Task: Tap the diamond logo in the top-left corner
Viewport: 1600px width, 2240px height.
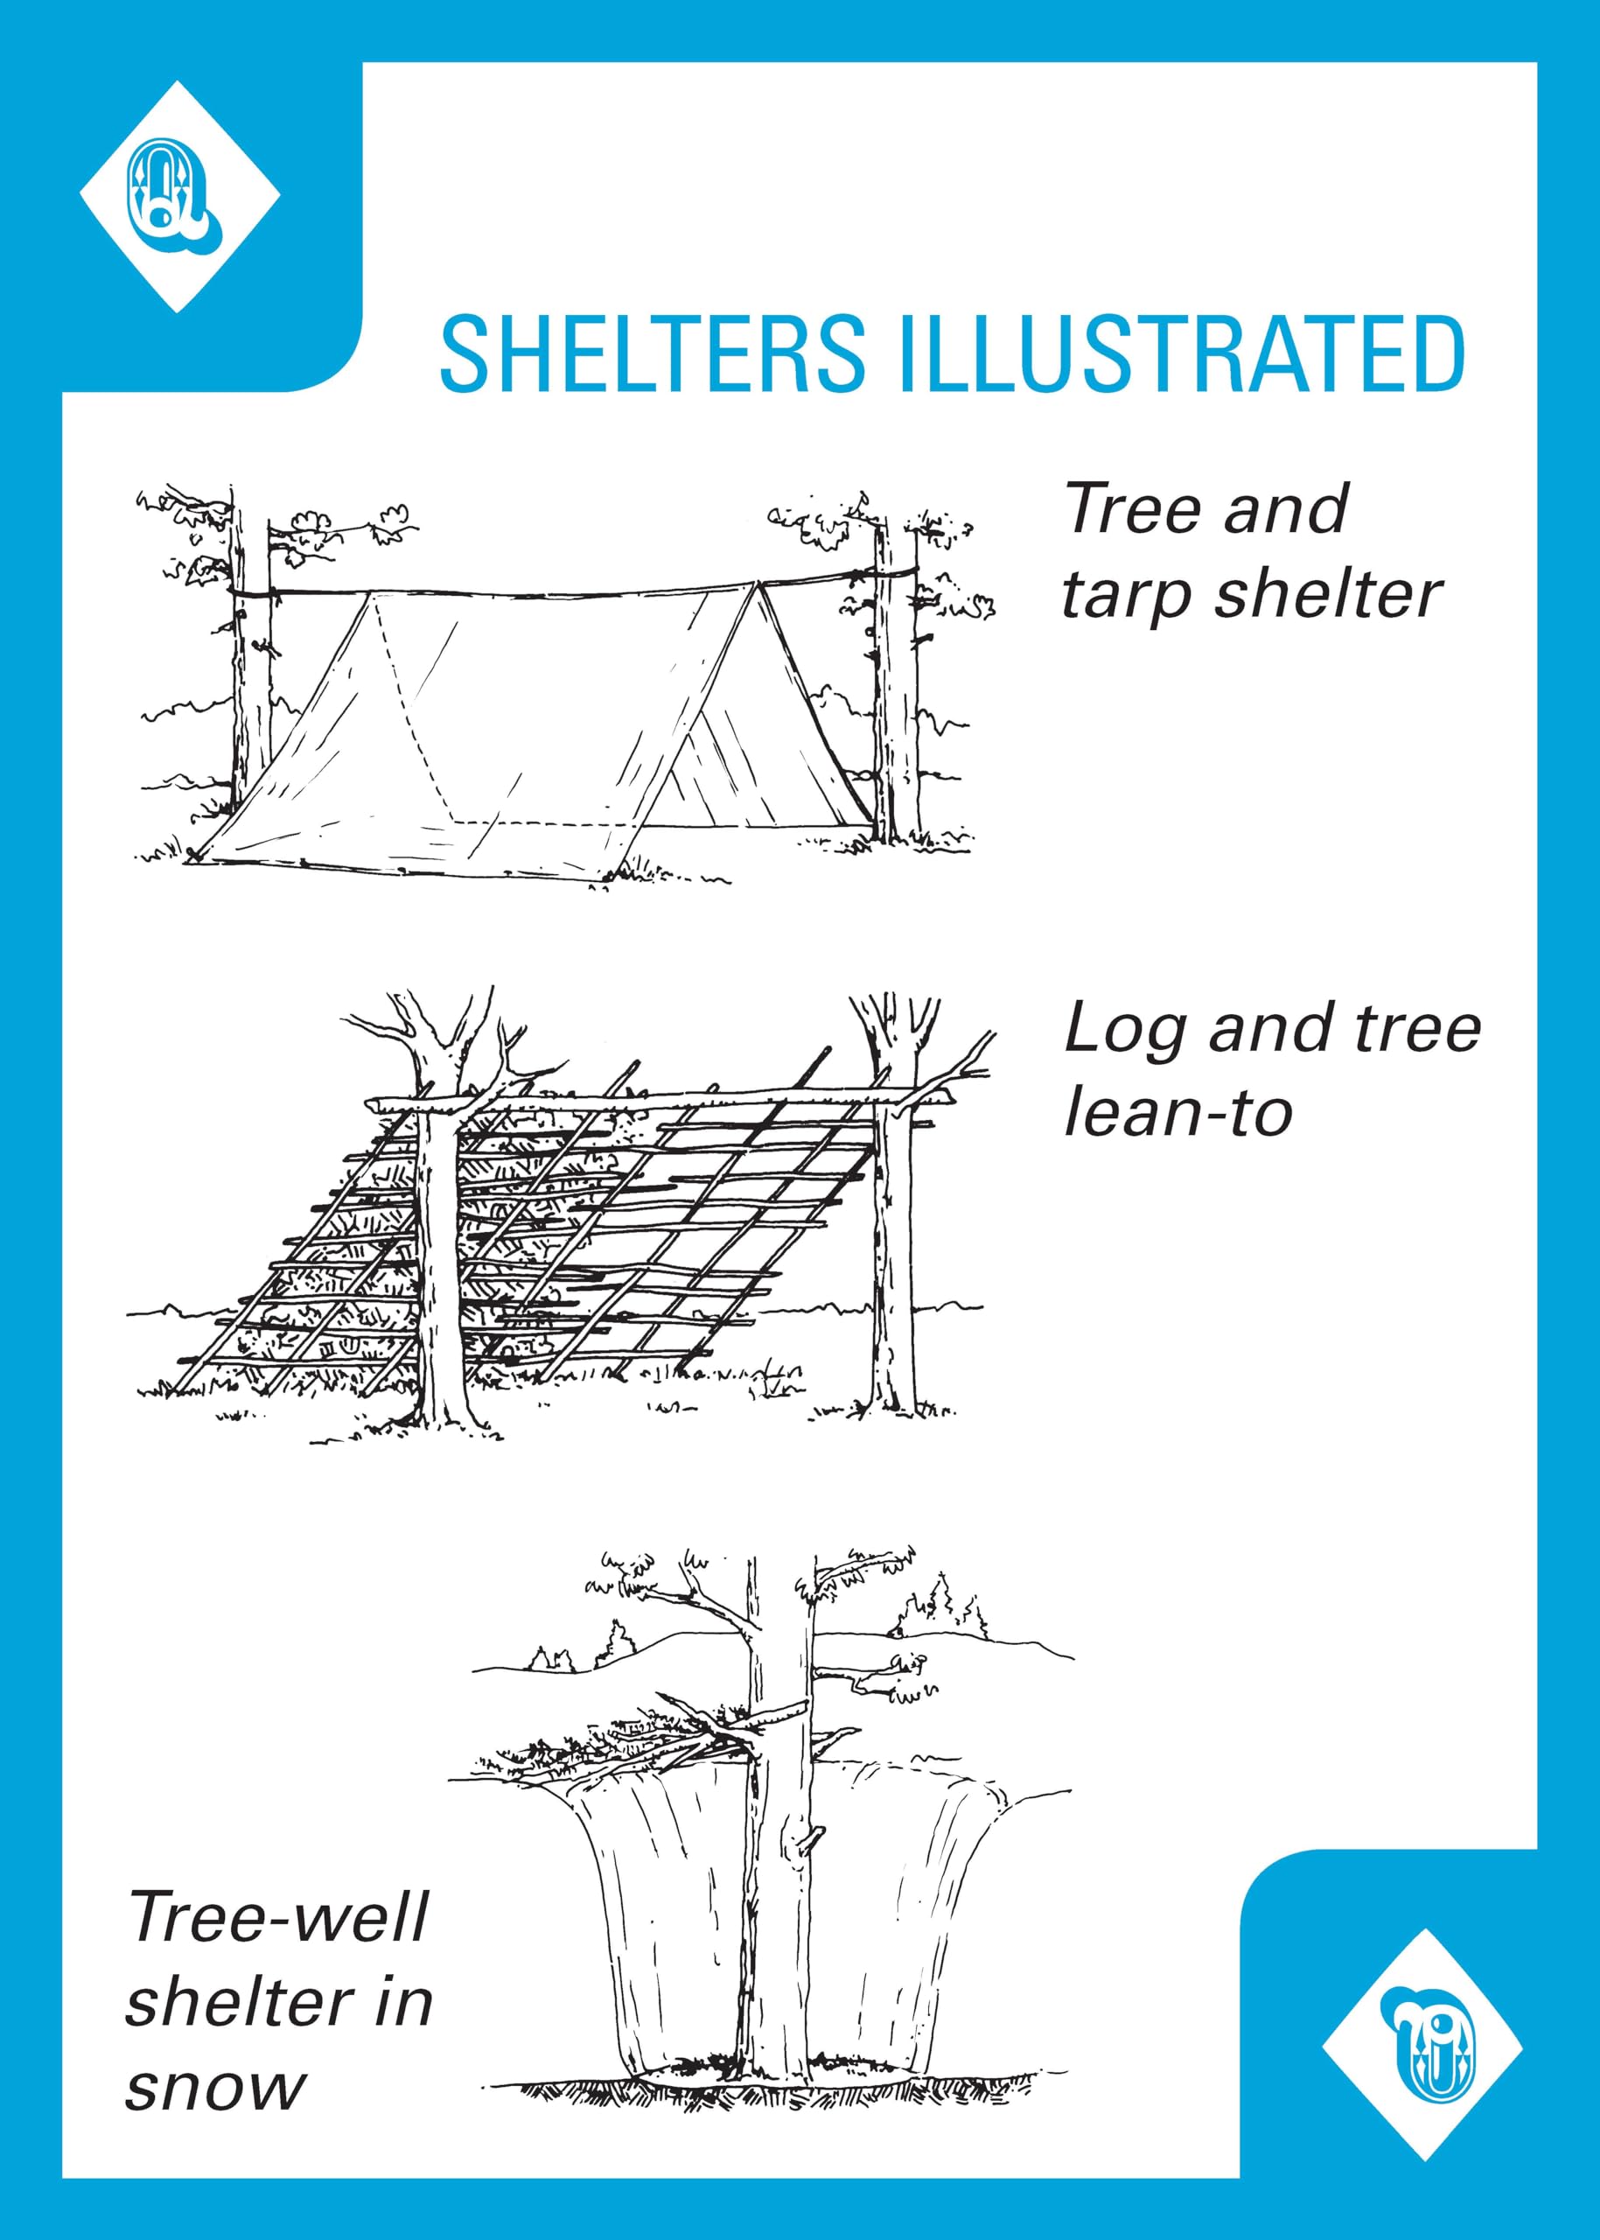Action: [179, 197]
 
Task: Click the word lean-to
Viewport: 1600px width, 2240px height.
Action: [1178, 1113]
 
